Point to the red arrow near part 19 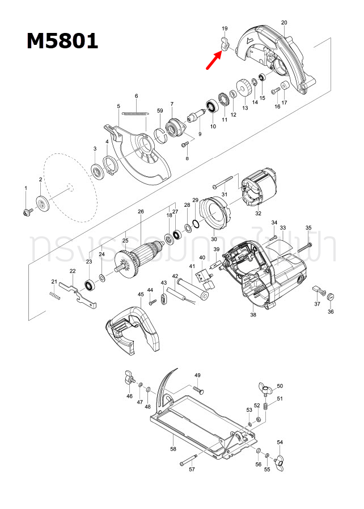coord(214,59)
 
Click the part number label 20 coord(283,23)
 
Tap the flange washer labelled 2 coord(42,203)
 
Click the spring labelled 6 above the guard coord(136,112)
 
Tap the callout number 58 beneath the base coord(173,449)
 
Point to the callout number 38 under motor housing coord(253,315)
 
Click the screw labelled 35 coord(303,245)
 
